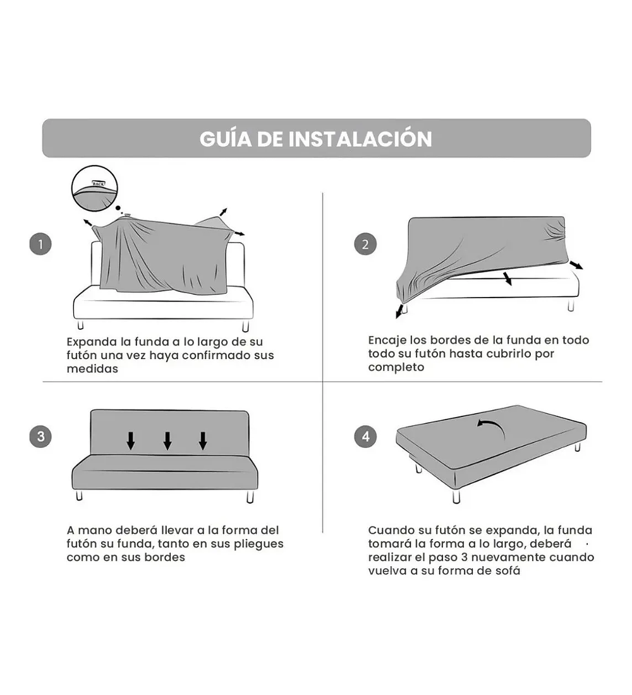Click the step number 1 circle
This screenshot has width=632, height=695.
point(40,245)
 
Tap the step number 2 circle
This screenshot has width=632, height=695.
point(365,245)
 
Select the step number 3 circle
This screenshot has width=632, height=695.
point(40,437)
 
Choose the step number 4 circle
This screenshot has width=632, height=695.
point(365,437)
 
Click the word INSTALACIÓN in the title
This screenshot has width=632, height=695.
point(360,138)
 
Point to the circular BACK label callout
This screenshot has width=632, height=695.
point(94,188)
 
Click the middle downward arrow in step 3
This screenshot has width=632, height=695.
point(167,440)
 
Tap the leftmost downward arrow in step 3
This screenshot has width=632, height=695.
point(130,440)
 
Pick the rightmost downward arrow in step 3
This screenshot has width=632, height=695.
point(203,440)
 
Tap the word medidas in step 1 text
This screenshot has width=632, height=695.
point(92,369)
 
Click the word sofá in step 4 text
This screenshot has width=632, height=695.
point(507,571)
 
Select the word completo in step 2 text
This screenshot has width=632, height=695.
point(396,368)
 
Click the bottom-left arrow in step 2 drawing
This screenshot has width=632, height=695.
point(400,311)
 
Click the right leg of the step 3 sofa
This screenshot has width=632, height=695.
point(250,497)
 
